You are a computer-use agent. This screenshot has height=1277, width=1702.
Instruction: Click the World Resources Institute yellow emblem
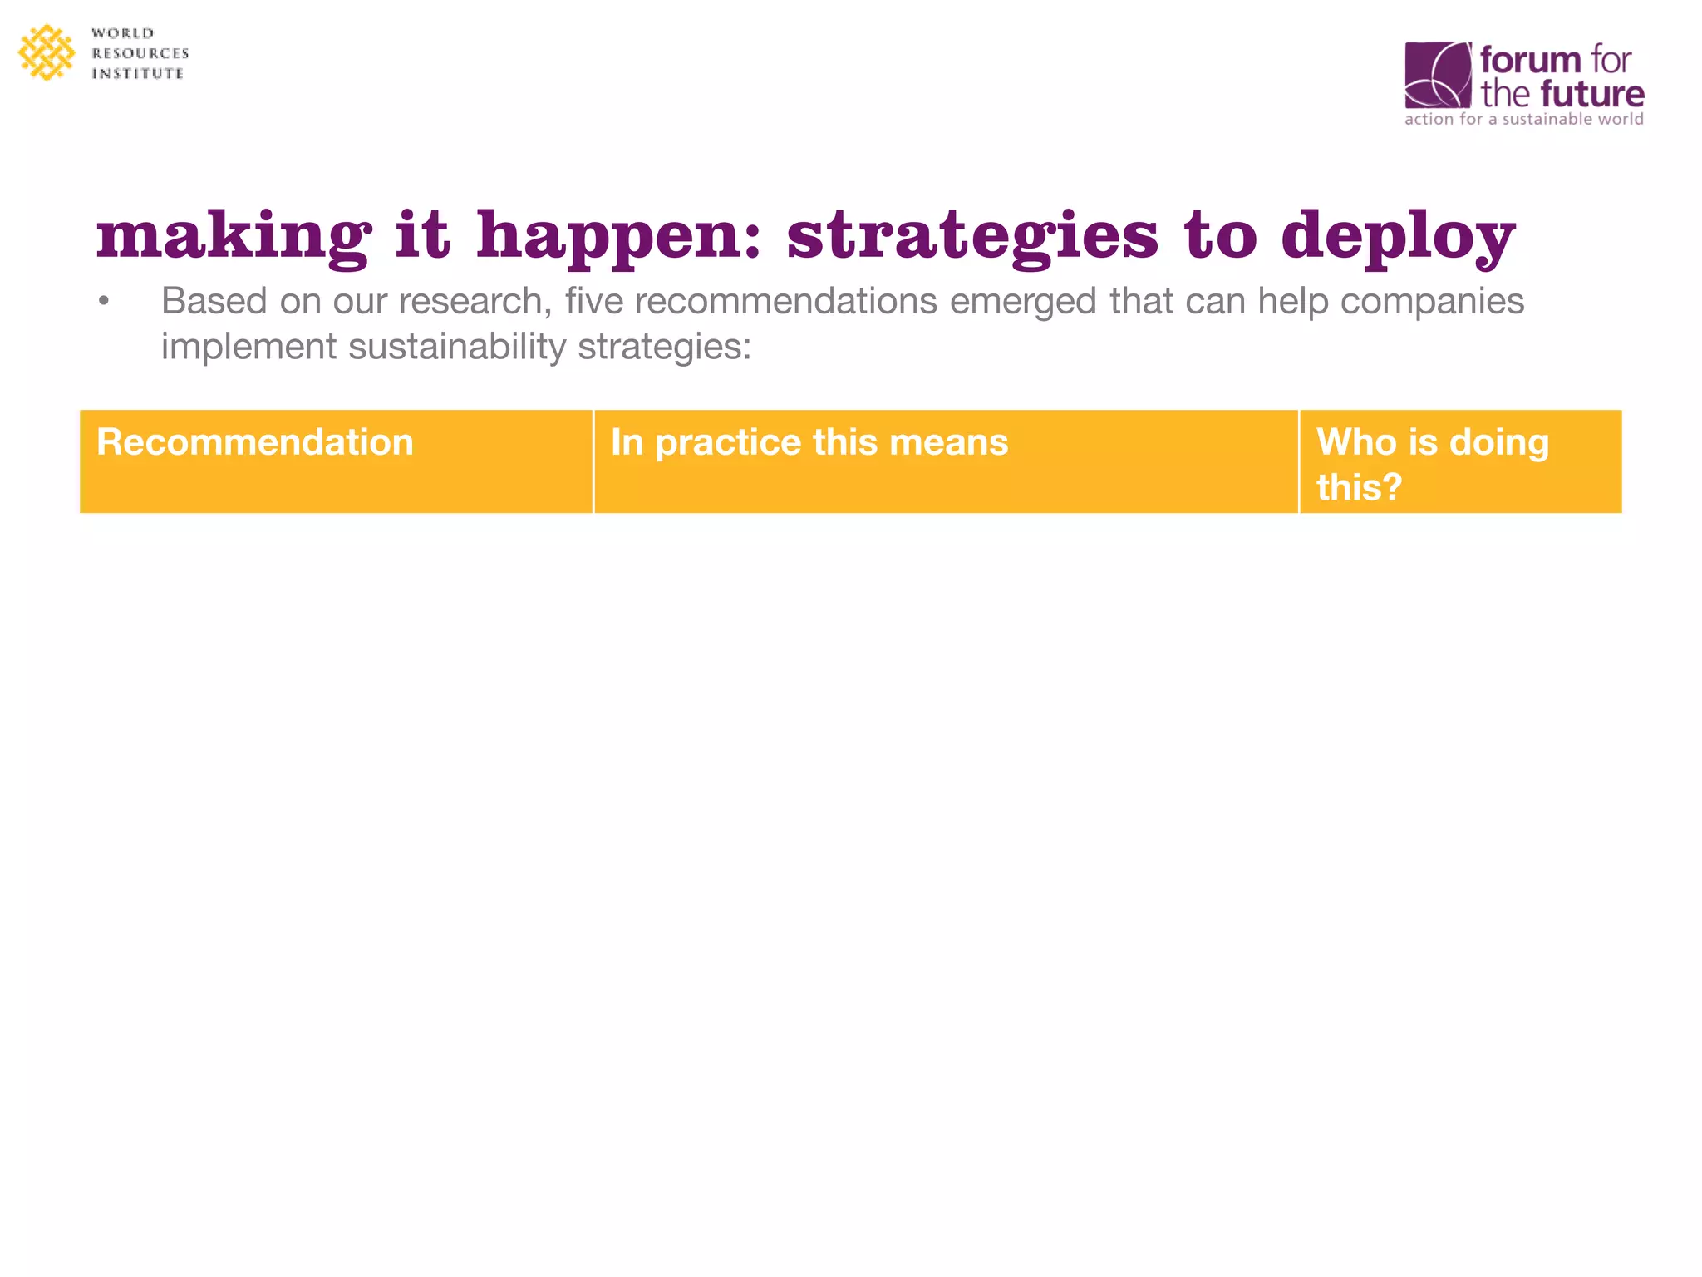[x=47, y=52]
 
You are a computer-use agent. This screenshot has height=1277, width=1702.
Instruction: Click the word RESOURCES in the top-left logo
[x=140, y=53]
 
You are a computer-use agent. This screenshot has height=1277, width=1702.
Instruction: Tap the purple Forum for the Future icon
[x=1438, y=75]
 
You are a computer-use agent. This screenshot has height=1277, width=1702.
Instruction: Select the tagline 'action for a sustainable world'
[x=1523, y=120]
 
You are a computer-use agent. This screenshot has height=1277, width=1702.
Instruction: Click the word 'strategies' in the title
[x=972, y=236]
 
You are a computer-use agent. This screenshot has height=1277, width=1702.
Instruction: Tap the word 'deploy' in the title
[x=1398, y=236]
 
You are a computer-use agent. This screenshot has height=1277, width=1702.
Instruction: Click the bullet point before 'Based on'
[x=103, y=302]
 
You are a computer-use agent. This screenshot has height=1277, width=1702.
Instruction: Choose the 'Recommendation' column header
[x=255, y=442]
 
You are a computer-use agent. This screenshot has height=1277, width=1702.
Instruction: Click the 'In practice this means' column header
[x=809, y=442]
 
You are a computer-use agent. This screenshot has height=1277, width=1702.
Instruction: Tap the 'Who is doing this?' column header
[x=1432, y=463]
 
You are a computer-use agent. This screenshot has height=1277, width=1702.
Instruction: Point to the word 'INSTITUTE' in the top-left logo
[x=137, y=74]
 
